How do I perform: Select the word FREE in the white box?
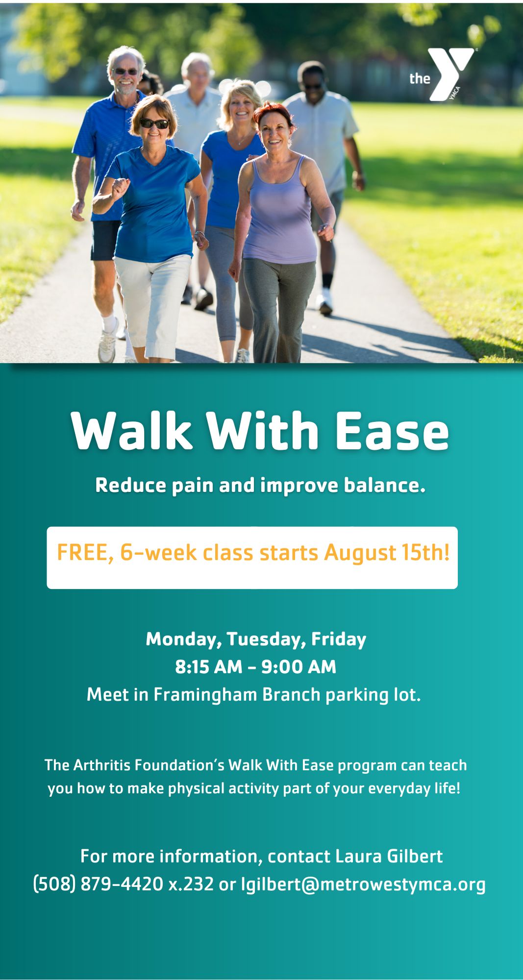pyautogui.click(x=85, y=552)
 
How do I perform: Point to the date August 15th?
pyautogui.click(x=386, y=552)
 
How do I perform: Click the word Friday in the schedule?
pyautogui.click(x=339, y=639)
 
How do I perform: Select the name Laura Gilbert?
pyautogui.click(x=389, y=856)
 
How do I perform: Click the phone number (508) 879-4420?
pyautogui.click(x=98, y=884)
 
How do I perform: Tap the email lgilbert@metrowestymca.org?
pyautogui.click(x=363, y=884)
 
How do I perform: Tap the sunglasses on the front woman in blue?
pyautogui.click(x=154, y=123)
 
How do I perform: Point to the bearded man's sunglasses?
pyautogui.click(x=126, y=72)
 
